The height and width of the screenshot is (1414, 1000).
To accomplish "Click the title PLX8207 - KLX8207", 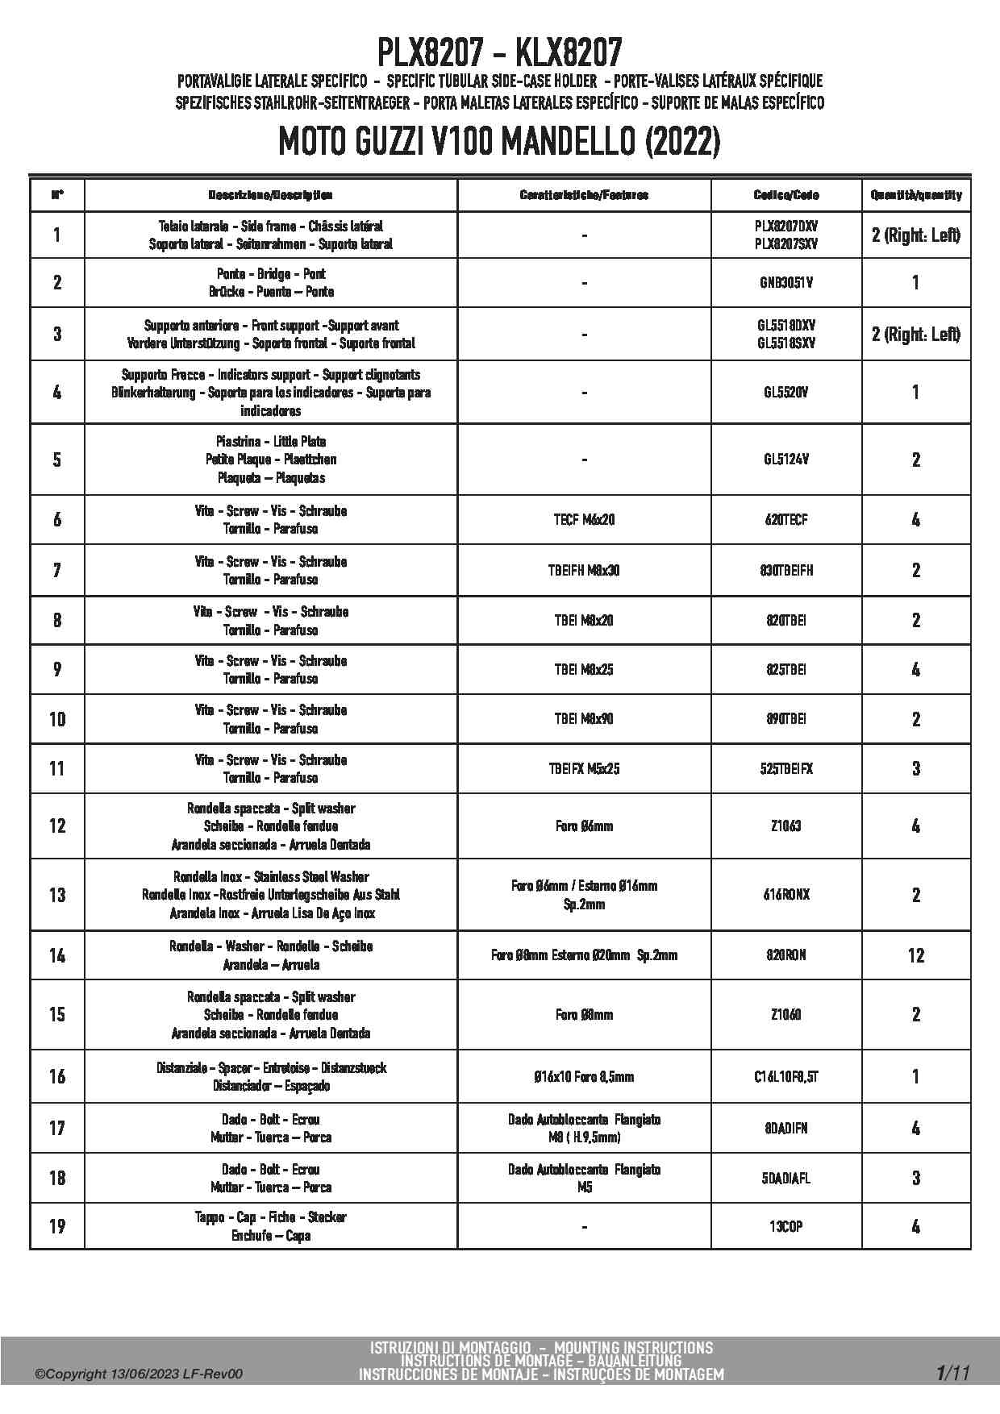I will tap(499, 53).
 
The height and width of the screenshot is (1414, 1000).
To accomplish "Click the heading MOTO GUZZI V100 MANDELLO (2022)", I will tap(499, 143).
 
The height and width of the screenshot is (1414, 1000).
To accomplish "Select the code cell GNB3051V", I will tap(785, 283).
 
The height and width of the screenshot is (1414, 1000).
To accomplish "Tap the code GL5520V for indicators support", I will tap(785, 393).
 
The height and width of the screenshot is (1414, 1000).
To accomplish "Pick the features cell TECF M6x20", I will tap(584, 520).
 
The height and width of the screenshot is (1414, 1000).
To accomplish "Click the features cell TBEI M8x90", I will tap(584, 718).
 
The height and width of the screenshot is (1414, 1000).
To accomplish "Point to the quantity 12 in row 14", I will tap(915, 955).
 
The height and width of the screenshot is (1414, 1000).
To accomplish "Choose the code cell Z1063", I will tap(785, 826).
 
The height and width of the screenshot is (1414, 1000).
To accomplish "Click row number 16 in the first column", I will tap(57, 1076).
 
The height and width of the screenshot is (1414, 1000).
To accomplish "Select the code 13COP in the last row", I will tap(785, 1226).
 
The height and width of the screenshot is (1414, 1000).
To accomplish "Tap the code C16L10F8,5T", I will tap(785, 1076).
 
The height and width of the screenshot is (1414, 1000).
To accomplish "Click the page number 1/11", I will tap(953, 1372).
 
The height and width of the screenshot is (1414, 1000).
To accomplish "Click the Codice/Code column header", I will tap(785, 195).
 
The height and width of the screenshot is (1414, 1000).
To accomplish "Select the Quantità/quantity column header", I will tap(915, 195).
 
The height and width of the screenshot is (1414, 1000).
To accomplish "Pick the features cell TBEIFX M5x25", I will tap(584, 769).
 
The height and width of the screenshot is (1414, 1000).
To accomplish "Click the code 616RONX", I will tap(785, 895).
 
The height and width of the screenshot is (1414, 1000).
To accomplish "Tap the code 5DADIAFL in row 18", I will tap(785, 1178).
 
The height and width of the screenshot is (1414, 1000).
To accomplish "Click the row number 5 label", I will tap(57, 460).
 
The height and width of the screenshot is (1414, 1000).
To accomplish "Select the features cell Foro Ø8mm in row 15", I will tap(584, 1014).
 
